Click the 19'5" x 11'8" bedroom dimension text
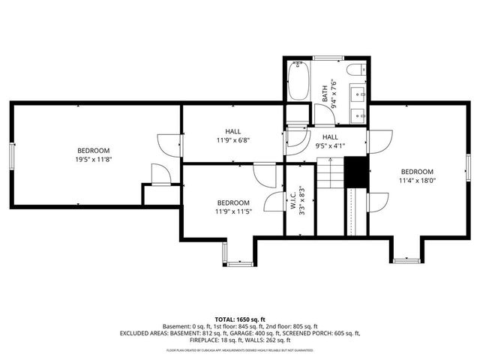(93, 159)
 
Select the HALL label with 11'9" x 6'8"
(232, 131)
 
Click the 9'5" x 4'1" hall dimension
(331, 147)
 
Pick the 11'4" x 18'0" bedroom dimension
(417, 180)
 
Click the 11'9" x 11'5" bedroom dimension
(233, 211)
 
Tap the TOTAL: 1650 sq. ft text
(240, 319)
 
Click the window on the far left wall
(11, 156)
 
